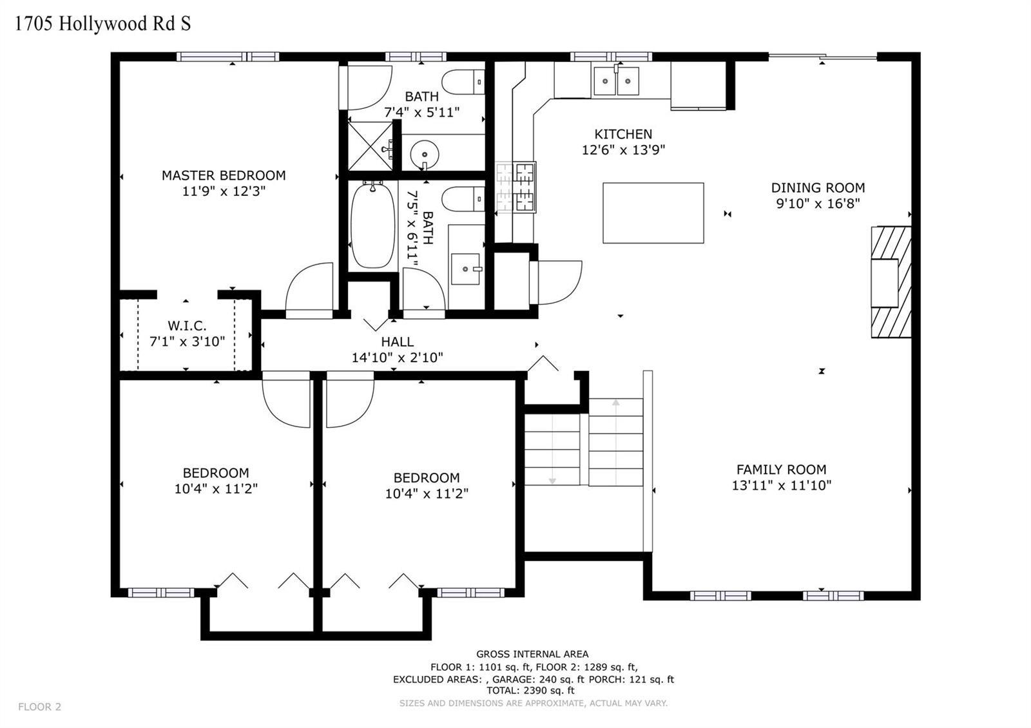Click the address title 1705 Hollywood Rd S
102,23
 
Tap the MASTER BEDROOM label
224,175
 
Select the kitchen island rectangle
653,213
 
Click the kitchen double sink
616,81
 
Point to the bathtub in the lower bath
373,225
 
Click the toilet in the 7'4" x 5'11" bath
463,82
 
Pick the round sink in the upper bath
425,154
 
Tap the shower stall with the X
370,146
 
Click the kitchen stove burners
515,187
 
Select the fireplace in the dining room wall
891,282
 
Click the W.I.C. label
187,326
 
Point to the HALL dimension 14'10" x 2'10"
397,358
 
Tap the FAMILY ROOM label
782,470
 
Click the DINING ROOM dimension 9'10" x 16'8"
818,204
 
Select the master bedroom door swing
309,291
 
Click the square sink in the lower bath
466,269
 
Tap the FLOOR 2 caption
39,707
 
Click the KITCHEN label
623,135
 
